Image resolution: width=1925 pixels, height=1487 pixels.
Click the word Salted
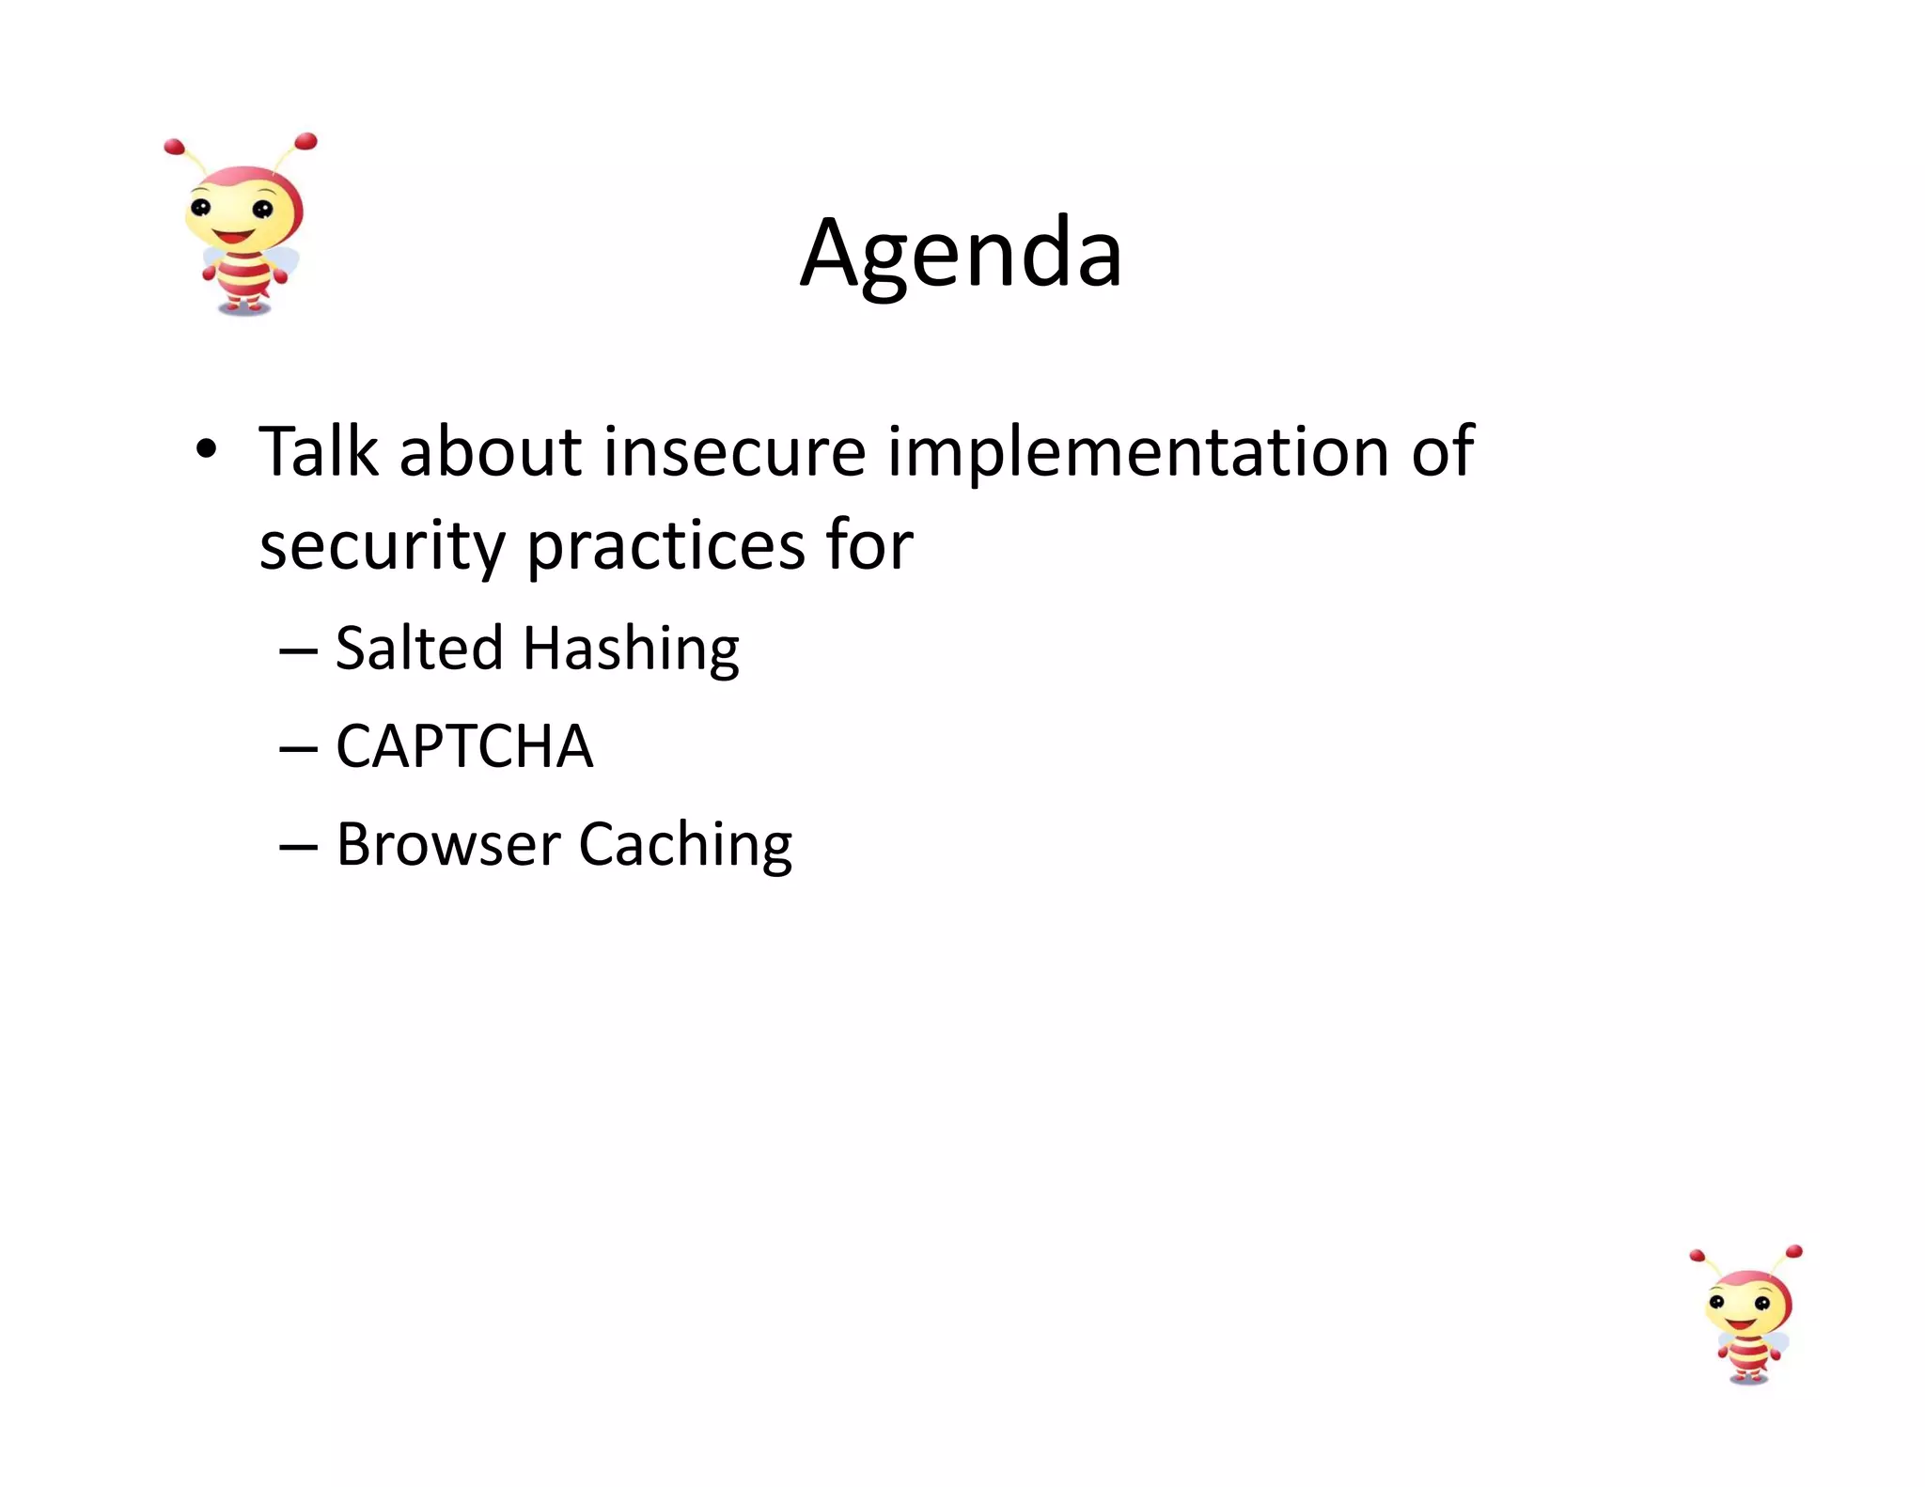[419, 649]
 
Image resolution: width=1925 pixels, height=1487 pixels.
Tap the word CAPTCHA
[464, 747]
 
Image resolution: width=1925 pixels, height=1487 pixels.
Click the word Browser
[448, 844]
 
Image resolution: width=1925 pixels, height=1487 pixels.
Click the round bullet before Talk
[207, 449]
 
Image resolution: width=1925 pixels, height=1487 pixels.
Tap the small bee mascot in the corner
[1746, 1316]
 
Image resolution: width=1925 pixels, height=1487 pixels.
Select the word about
[491, 452]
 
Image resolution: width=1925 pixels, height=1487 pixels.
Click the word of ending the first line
[1442, 452]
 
